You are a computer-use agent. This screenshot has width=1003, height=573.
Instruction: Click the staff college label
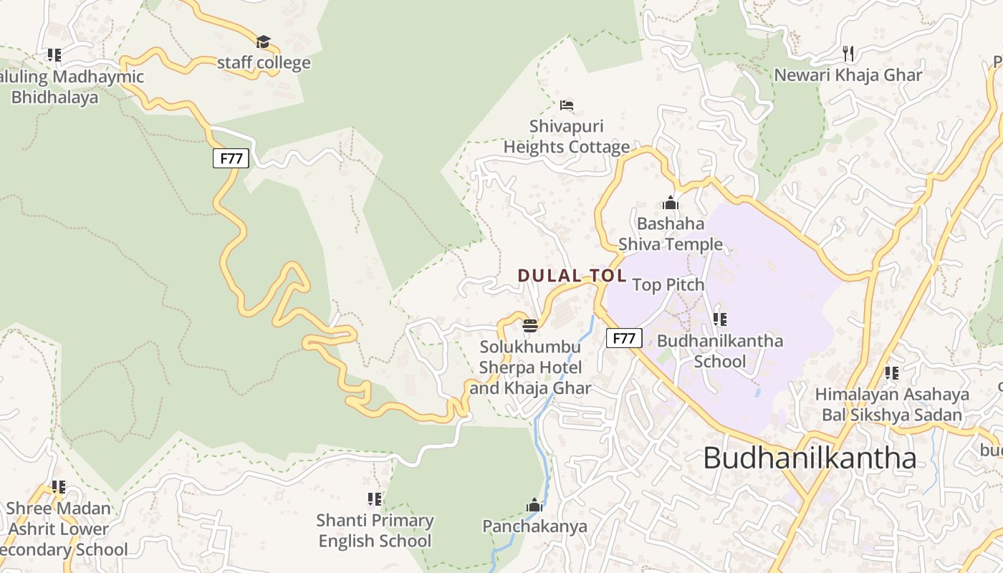click(x=264, y=62)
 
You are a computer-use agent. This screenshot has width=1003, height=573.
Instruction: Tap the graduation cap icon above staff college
click(x=264, y=42)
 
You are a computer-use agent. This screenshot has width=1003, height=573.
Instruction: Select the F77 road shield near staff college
click(x=231, y=158)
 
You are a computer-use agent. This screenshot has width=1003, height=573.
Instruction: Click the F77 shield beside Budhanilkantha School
click(x=624, y=338)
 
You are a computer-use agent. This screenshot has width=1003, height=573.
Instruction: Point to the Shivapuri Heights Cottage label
click(x=566, y=137)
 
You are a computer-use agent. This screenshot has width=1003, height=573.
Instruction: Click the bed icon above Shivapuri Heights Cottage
click(x=567, y=106)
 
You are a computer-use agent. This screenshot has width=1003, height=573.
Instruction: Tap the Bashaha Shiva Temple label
click(x=671, y=234)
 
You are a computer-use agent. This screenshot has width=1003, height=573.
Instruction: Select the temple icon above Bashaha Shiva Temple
click(x=671, y=203)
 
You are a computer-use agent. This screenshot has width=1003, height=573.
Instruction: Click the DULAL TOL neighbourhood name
click(x=572, y=276)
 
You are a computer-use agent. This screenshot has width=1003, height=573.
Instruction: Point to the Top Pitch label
click(x=668, y=285)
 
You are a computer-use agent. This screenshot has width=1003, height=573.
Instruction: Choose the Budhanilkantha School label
click(x=720, y=351)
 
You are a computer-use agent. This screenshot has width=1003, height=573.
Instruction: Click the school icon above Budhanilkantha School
click(x=720, y=319)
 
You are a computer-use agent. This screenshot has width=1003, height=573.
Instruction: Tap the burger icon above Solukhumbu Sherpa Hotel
click(x=530, y=326)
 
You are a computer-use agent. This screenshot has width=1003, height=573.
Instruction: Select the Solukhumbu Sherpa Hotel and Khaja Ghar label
click(x=530, y=367)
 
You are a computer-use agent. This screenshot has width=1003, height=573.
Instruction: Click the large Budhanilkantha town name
click(x=810, y=458)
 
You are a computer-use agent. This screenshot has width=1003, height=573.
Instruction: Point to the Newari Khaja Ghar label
click(x=848, y=74)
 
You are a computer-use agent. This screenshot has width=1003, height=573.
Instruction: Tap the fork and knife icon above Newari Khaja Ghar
click(x=849, y=53)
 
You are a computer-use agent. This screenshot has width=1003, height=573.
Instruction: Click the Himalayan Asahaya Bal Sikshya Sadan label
click(x=892, y=404)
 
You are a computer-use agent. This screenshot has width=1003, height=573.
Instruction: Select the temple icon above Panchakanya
click(x=534, y=506)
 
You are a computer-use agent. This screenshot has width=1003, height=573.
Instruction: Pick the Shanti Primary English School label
click(x=375, y=531)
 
